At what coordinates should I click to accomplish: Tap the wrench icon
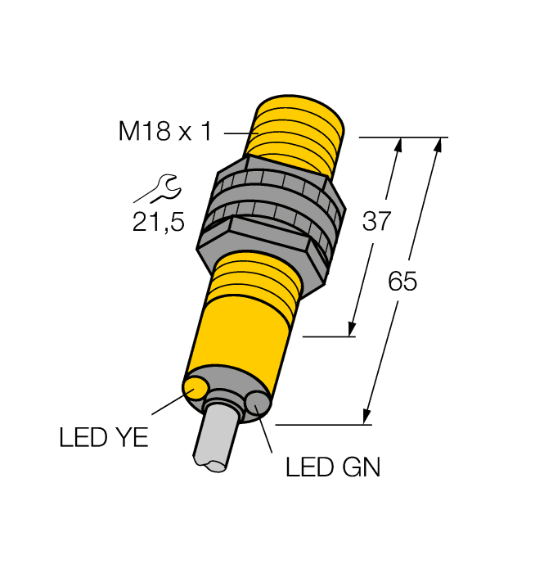(157, 189)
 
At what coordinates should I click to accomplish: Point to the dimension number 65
(402, 282)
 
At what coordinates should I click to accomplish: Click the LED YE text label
(104, 438)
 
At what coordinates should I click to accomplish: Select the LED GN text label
(333, 468)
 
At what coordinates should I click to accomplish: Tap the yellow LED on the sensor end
(197, 386)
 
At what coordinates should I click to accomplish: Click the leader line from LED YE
(169, 406)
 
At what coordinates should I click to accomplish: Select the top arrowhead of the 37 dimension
(398, 146)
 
